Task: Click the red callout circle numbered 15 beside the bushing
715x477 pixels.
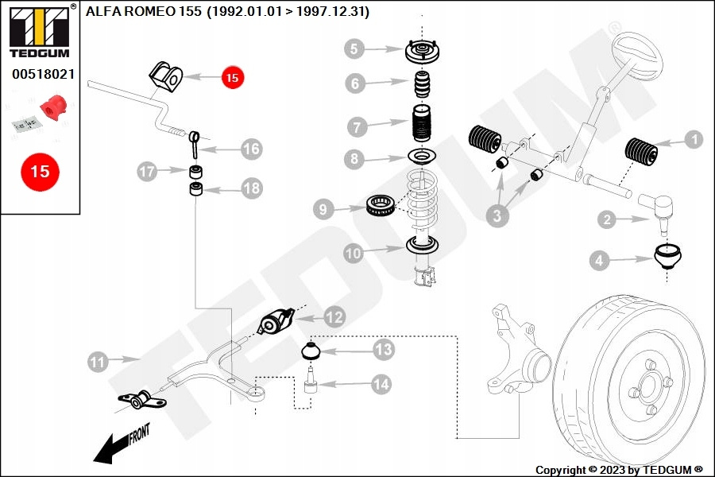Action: pos(232,77)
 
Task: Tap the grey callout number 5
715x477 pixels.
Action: pos(355,49)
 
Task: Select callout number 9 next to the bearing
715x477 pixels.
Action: pos(323,210)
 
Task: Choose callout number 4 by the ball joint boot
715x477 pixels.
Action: pos(600,259)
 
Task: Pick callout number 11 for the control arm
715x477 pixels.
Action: pos(97,363)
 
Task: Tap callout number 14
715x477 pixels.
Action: pos(381,384)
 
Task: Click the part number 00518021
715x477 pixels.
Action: pos(43,74)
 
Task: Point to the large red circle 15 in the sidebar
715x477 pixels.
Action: pos(40,171)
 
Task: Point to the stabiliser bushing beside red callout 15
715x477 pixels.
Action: pos(165,77)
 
